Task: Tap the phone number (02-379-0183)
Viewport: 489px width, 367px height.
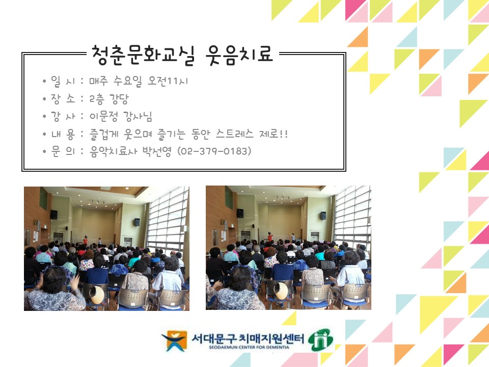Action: click(x=214, y=151)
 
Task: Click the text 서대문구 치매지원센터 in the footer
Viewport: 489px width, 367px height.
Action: click(x=248, y=338)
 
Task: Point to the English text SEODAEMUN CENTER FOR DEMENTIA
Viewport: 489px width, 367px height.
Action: click(x=248, y=347)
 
